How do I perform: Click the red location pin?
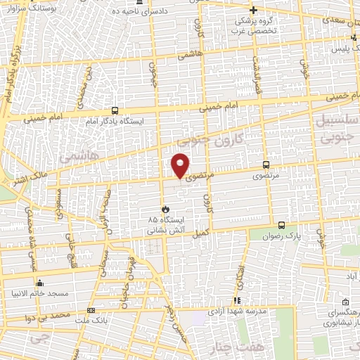[181, 165]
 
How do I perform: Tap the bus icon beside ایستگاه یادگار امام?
[115, 110]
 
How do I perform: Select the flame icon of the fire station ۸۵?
[165, 209]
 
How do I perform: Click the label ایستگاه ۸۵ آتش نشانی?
[164, 224]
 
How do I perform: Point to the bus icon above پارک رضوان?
[282, 225]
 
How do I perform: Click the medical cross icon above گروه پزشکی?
[256, 9]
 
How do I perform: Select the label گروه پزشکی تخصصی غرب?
[256, 25]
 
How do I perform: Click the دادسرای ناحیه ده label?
[159, 13]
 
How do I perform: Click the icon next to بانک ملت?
[90, 310]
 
